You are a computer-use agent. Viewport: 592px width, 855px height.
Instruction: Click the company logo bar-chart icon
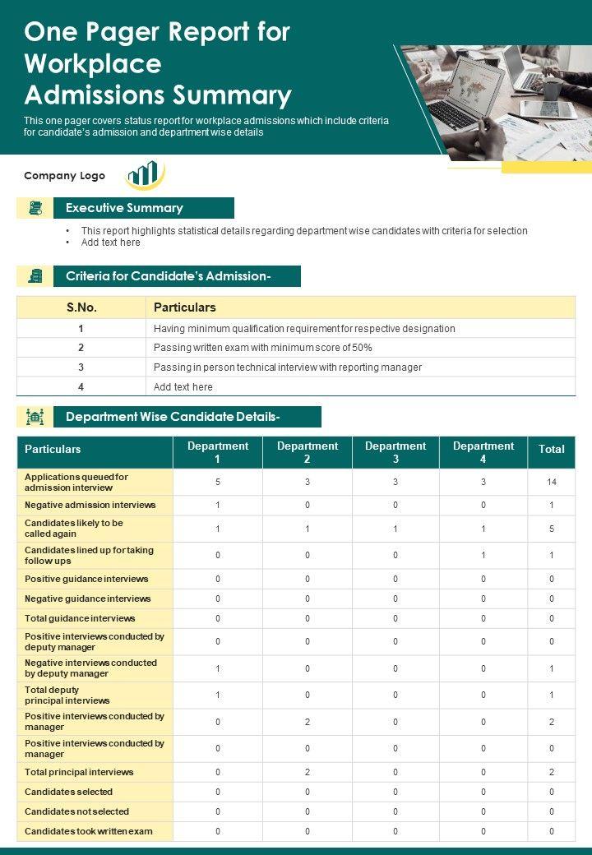[145, 173]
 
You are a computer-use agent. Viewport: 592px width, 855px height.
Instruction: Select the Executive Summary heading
[124, 208]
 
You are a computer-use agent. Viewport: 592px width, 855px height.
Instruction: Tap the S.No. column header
[81, 307]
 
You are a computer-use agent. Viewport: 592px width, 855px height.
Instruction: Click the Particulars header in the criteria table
[185, 307]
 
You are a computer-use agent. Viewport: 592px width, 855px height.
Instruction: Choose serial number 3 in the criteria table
[81, 367]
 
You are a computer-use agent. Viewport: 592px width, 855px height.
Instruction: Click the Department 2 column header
[308, 452]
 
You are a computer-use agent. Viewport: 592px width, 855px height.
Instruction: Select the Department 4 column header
[483, 452]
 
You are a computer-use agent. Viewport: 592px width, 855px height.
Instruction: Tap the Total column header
[551, 450]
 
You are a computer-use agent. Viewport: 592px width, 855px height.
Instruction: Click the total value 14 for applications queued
[551, 482]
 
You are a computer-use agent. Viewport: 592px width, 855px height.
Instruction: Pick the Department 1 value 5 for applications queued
[218, 482]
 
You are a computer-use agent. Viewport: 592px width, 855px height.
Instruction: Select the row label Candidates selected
[69, 792]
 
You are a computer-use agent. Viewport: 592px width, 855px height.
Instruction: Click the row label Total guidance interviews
[80, 618]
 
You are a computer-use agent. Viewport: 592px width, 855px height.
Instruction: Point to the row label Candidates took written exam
[89, 831]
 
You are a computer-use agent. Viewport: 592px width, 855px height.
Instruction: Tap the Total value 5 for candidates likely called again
[551, 529]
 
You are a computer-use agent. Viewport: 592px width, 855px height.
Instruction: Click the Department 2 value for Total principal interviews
[308, 772]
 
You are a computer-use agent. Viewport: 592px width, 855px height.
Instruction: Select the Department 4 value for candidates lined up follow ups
[483, 556]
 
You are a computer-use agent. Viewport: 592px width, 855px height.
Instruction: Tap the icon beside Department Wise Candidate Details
[35, 417]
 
